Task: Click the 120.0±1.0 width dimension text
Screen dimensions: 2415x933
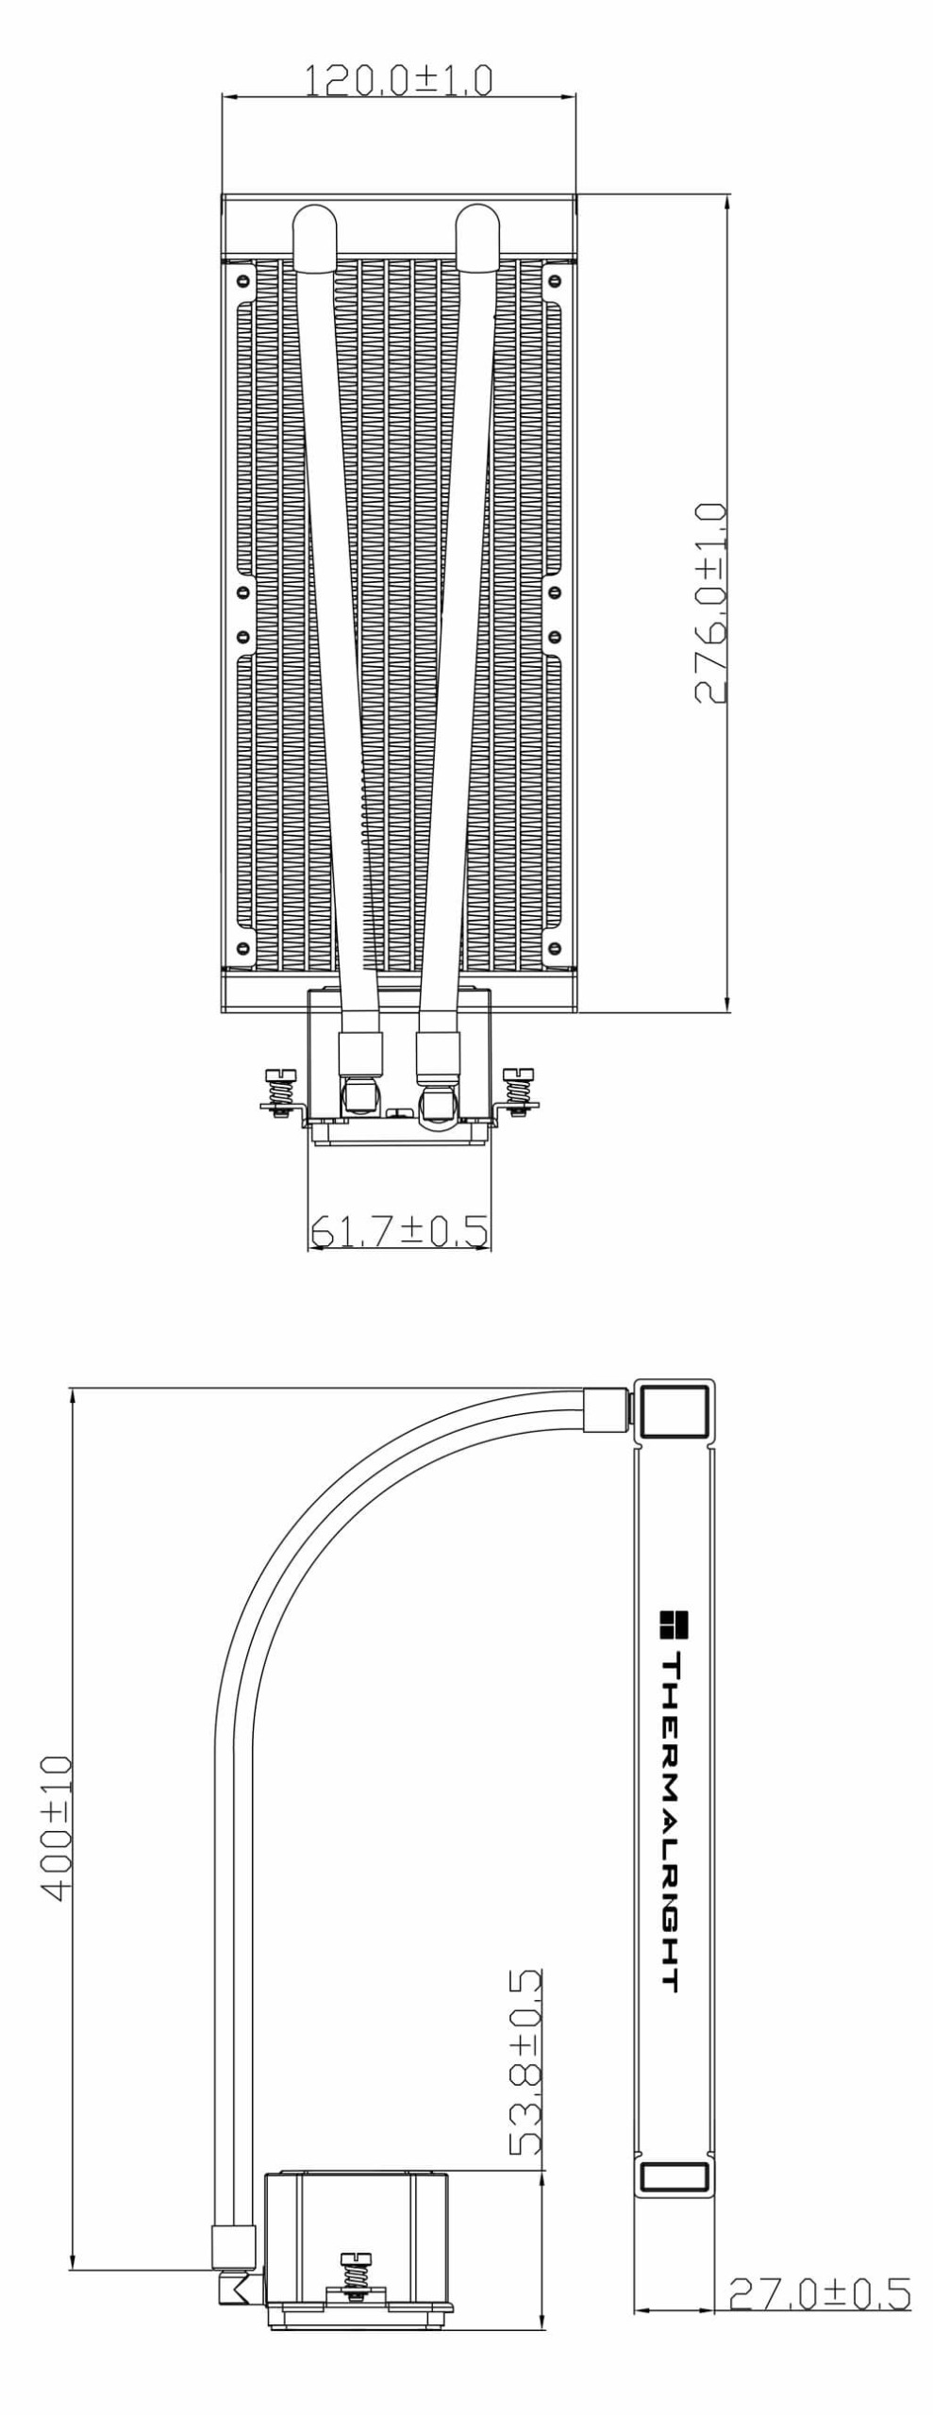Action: click(x=398, y=81)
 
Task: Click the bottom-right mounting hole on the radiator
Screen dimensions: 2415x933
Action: click(x=554, y=946)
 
